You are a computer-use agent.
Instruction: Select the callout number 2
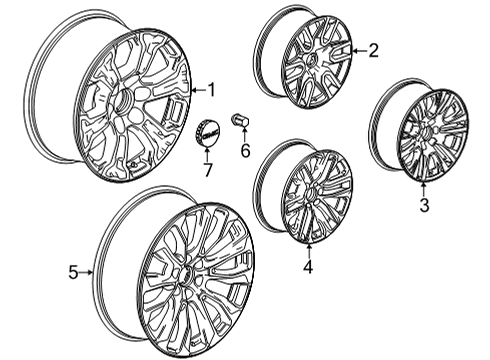pyautogui.click(x=374, y=49)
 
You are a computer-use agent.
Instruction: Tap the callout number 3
pyautogui.click(x=424, y=206)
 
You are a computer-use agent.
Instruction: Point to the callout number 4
pyautogui.click(x=308, y=267)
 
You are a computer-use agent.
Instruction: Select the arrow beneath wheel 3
pyautogui.click(x=424, y=188)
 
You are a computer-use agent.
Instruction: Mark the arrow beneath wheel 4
pyautogui.click(x=308, y=249)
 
